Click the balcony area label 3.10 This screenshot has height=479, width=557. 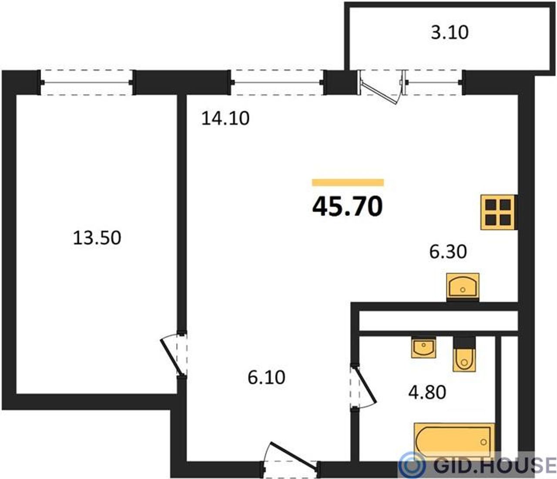(450, 33)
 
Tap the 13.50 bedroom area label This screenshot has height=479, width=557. (97, 238)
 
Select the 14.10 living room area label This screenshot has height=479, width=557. (225, 118)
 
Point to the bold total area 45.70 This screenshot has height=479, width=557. (347, 206)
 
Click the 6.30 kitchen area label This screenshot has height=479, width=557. (448, 252)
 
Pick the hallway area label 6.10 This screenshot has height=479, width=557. (266, 378)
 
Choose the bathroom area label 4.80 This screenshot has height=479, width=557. (427, 392)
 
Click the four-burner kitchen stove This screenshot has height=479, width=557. (498, 212)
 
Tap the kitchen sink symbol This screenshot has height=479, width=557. (463, 287)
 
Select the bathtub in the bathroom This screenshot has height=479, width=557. (455, 442)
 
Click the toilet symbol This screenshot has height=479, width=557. (464, 354)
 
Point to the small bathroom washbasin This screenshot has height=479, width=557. (423, 347)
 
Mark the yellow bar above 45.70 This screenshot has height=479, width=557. (348, 182)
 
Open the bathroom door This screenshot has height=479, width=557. (364, 386)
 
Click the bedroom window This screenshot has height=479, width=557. (86, 82)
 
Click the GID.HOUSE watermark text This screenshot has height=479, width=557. (495, 465)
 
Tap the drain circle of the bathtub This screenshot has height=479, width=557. (483, 442)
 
